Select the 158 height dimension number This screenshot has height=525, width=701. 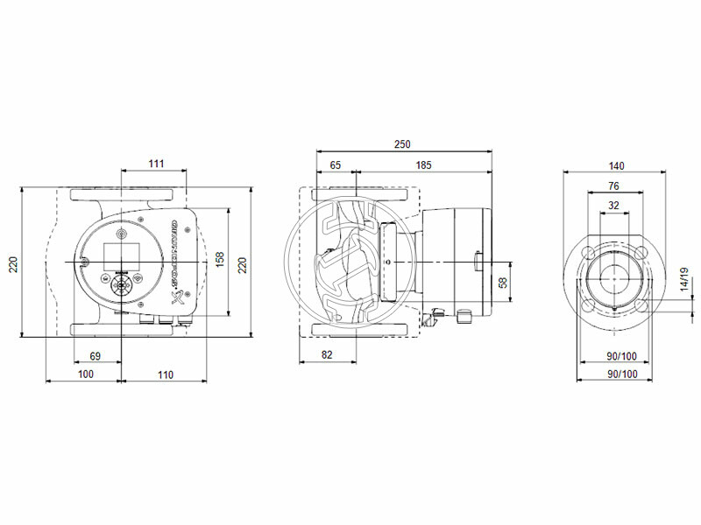[x=221, y=262]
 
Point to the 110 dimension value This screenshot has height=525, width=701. [x=165, y=374]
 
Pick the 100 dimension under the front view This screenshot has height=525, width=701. [x=85, y=374]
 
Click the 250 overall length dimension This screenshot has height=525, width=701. [x=402, y=144]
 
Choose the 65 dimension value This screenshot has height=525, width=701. [x=336, y=165]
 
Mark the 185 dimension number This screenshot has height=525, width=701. [x=423, y=165]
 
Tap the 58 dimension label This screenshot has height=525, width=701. [x=503, y=283]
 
